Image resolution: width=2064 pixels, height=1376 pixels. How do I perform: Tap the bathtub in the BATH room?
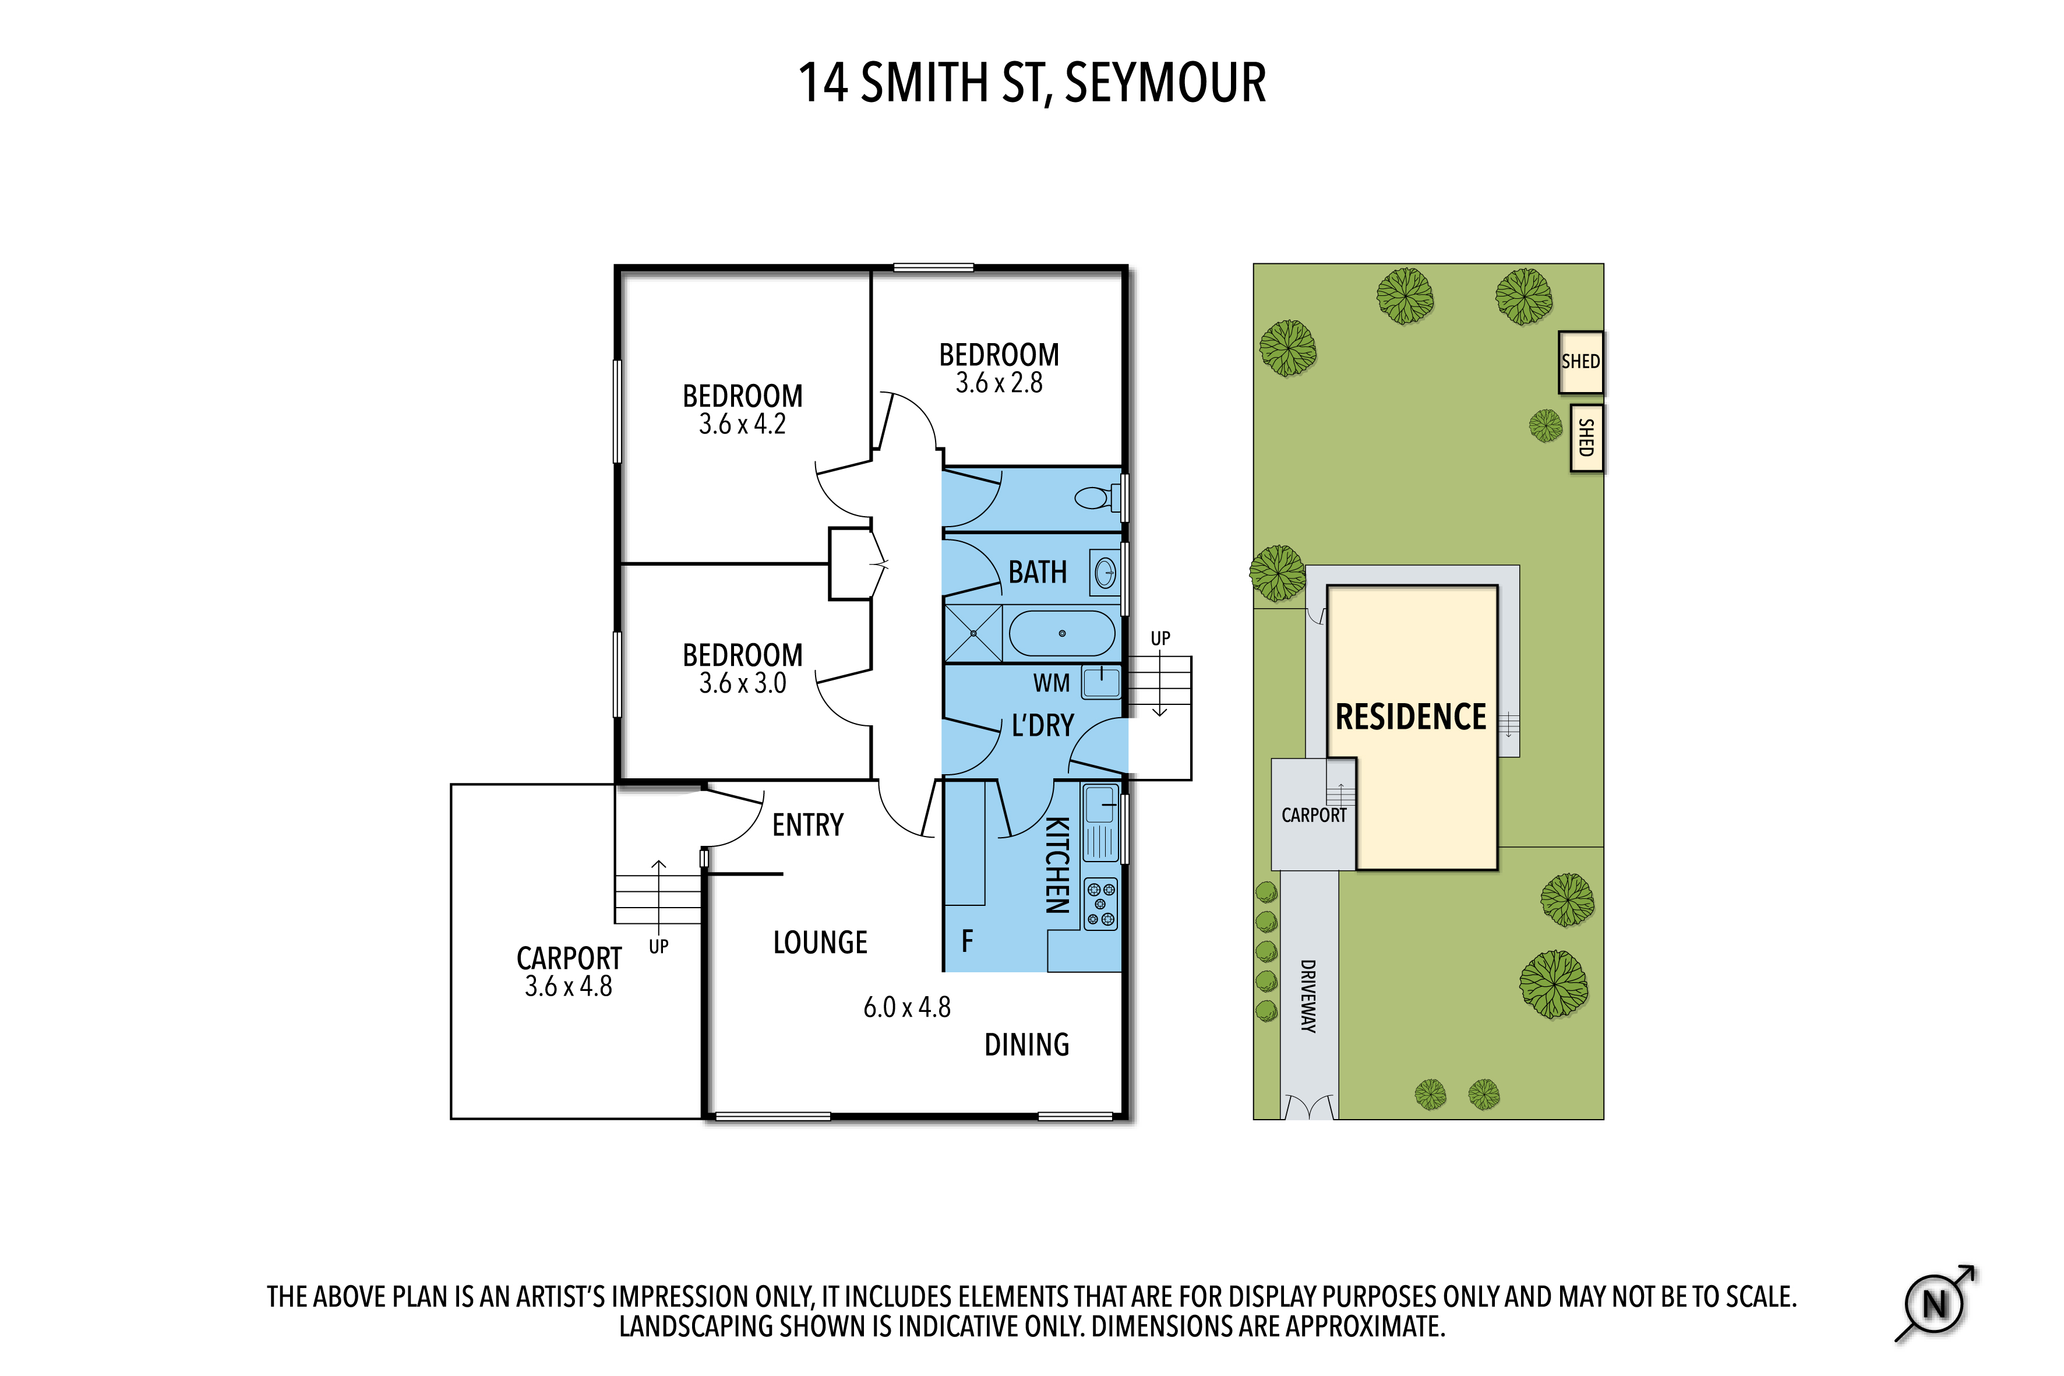(1062, 633)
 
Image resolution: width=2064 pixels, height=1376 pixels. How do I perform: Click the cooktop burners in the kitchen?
(1100, 904)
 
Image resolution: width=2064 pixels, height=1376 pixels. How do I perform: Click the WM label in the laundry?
(1052, 683)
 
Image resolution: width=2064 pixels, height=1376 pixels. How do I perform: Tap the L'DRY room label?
(1043, 726)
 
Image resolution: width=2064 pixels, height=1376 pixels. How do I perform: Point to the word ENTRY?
(807, 825)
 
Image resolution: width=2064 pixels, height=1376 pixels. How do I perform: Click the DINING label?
(1026, 1045)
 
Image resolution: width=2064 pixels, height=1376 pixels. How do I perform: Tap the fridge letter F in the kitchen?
(967, 941)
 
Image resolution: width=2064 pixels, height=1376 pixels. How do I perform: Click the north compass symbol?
(1935, 1303)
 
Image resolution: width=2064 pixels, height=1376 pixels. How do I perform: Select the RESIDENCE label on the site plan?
(1410, 717)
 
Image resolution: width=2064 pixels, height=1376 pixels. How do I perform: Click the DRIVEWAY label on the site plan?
(1308, 996)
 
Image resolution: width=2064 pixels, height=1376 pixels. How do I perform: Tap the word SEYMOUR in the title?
(1165, 83)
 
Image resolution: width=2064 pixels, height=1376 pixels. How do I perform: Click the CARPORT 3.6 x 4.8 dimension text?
(569, 986)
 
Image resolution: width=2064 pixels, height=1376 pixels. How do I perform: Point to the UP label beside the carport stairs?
(658, 947)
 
